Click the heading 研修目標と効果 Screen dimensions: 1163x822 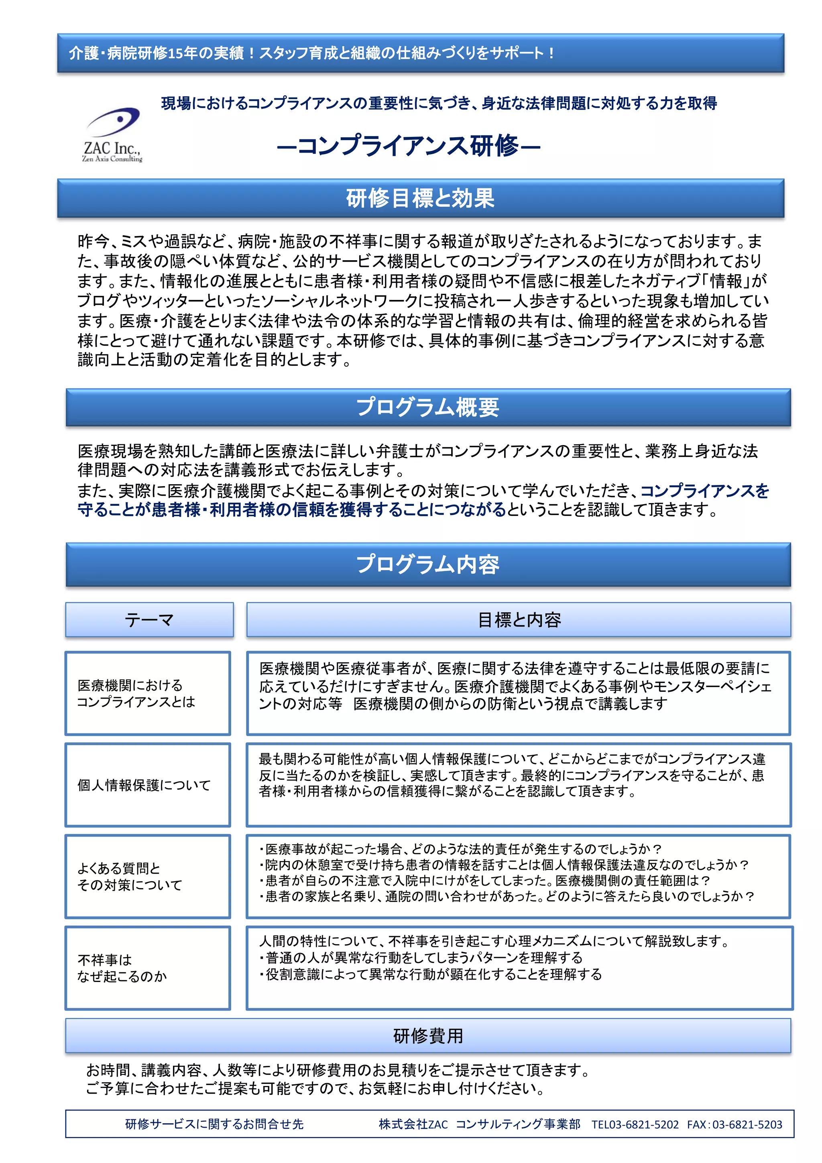click(420, 198)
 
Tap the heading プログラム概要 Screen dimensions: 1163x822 click(427, 407)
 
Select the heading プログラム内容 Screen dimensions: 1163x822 click(427, 564)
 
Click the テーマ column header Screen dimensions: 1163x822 click(149, 619)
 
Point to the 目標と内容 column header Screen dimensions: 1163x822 click(518, 619)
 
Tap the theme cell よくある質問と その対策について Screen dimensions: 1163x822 click(130, 876)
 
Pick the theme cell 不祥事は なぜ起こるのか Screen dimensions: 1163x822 click(122, 968)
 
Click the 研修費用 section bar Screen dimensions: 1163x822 click(427, 1036)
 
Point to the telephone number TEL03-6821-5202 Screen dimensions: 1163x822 click(635, 1124)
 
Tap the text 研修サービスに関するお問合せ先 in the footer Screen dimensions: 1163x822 click(214, 1124)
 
